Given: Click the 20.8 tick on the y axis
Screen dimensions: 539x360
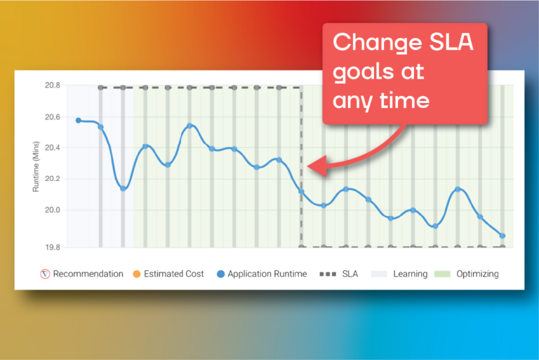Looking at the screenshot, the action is [52, 86].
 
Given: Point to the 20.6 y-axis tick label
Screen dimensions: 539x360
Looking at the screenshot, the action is [52, 117].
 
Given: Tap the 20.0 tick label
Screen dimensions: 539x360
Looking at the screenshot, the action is [52, 210].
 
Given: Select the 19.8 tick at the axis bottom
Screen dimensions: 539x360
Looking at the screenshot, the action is [52, 247].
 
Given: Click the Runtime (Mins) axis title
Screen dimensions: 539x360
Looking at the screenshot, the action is [36, 166].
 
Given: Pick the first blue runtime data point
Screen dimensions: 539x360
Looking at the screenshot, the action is [79, 120].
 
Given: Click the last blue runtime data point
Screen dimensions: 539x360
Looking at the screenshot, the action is [503, 236].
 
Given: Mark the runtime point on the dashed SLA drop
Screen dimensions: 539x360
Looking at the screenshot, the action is [302, 192].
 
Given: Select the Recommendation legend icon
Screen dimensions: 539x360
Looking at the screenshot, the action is [45, 274].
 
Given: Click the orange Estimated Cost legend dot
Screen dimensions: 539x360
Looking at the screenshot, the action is [137, 274].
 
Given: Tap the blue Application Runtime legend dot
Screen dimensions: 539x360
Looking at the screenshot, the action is [220, 274].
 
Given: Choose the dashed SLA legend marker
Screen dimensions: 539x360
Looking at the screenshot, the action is [328, 274].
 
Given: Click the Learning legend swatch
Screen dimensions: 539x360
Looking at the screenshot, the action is [379, 274].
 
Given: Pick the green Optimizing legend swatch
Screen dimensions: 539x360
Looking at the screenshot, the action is [442, 274].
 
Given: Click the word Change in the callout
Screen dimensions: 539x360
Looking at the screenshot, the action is [378, 43].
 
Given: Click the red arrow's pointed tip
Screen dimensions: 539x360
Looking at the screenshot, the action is [307, 166].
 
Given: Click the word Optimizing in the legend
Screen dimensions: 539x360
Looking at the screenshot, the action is [477, 274].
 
